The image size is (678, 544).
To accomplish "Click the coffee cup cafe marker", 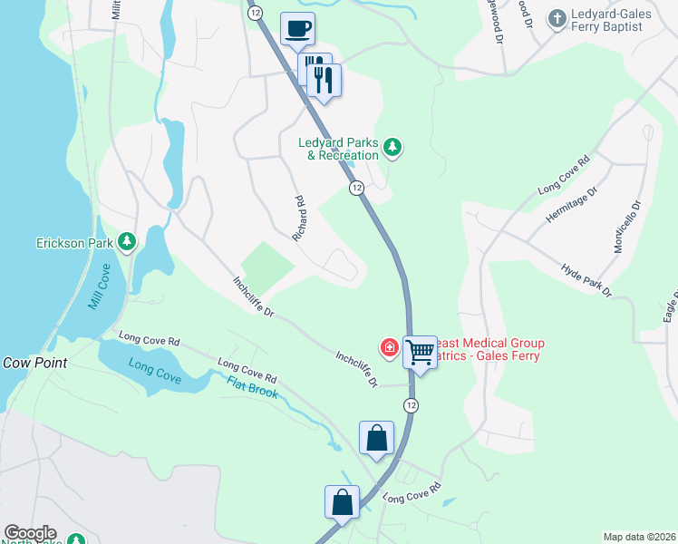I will (296, 29).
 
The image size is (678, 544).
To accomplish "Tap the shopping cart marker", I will (420, 351).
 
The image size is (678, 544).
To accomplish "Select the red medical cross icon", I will (389, 347).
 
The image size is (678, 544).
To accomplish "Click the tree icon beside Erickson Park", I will (128, 240).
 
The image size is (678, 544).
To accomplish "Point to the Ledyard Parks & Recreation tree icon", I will (392, 146).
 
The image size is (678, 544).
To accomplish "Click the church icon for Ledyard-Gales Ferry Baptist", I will (557, 17).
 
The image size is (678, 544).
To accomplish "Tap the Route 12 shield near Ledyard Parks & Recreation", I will (356, 188).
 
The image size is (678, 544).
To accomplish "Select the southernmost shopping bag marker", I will (343, 501).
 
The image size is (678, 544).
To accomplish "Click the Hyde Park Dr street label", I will (586, 281).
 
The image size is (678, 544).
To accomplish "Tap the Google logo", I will (29, 533).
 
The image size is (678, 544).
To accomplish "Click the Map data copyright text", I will (639, 537).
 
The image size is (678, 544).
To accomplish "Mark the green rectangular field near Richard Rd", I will (267, 266).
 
